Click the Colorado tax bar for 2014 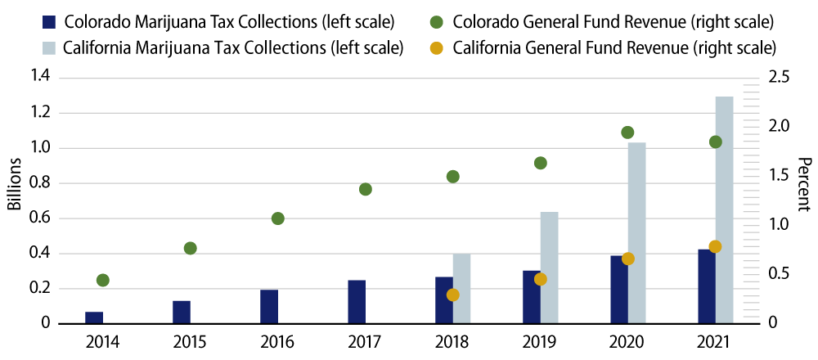(94, 317)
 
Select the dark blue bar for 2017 (357, 302)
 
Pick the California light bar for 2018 (462, 288)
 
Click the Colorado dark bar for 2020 (618, 290)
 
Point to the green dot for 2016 (277, 218)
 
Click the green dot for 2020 (627, 133)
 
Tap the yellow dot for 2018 (453, 295)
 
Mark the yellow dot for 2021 (715, 247)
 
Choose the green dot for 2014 (103, 281)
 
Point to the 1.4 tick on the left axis (41, 78)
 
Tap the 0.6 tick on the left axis (41, 218)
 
